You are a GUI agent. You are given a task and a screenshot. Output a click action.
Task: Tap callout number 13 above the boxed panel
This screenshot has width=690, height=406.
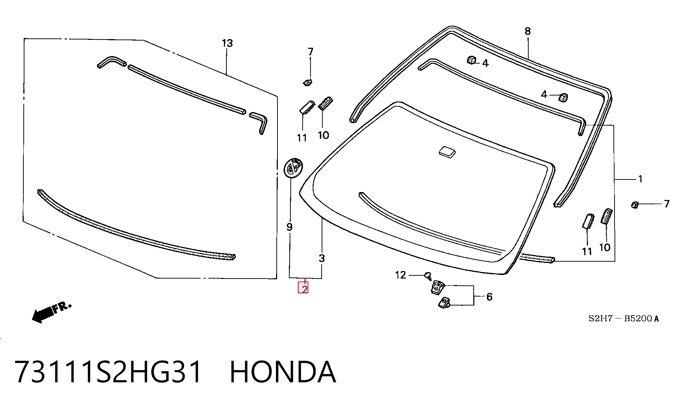click(x=227, y=43)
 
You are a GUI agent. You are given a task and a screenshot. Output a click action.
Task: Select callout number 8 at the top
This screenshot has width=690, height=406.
click(x=528, y=31)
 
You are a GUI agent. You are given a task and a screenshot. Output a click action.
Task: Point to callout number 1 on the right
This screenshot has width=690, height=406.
click(x=640, y=179)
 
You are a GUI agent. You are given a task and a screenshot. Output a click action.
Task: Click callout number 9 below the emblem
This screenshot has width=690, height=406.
click(x=289, y=227)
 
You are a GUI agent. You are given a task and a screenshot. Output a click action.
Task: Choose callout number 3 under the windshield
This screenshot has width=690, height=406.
click(x=322, y=258)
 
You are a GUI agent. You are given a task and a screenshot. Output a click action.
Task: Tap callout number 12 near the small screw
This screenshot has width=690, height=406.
click(x=400, y=275)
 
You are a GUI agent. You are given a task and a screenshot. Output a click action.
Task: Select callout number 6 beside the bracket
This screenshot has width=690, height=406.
click(x=489, y=297)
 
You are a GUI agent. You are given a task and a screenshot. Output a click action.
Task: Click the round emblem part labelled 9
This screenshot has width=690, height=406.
click(x=293, y=167)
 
